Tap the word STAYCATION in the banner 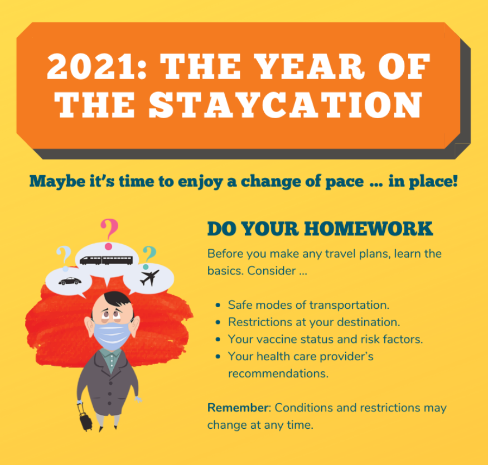pyautogui.click(x=286, y=105)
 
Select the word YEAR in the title pyautogui.click(x=311, y=66)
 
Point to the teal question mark pyautogui.click(x=149, y=257)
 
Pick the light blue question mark pyautogui.click(x=64, y=257)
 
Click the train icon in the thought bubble pyautogui.click(x=106, y=260)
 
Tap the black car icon pyautogui.click(x=70, y=281)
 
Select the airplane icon pyautogui.click(x=149, y=278)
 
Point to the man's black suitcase pyautogui.click(x=85, y=418)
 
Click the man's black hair pyautogui.click(x=117, y=299)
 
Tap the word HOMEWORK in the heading pyautogui.click(x=369, y=229)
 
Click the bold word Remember pyautogui.click(x=238, y=408)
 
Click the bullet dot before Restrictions pyautogui.click(x=218, y=322)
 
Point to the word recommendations pyautogui.click(x=278, y=373)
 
